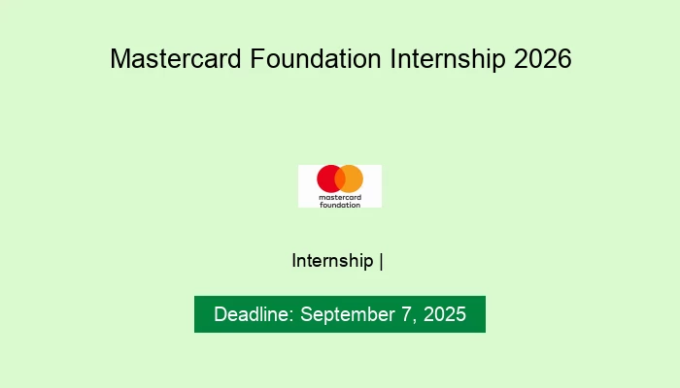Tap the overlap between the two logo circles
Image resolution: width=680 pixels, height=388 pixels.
[340, 178]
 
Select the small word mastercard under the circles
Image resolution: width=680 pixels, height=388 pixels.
[340, 197]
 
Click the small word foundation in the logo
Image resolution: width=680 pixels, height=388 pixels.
[340, 204]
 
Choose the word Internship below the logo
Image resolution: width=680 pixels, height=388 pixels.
[332, 261]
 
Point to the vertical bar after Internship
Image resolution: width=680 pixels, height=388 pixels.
[382, 261]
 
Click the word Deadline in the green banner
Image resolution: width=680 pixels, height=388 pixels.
[254, 315]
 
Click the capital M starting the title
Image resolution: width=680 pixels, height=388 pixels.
[119, 59]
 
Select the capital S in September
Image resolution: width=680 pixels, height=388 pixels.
[307, 315]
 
